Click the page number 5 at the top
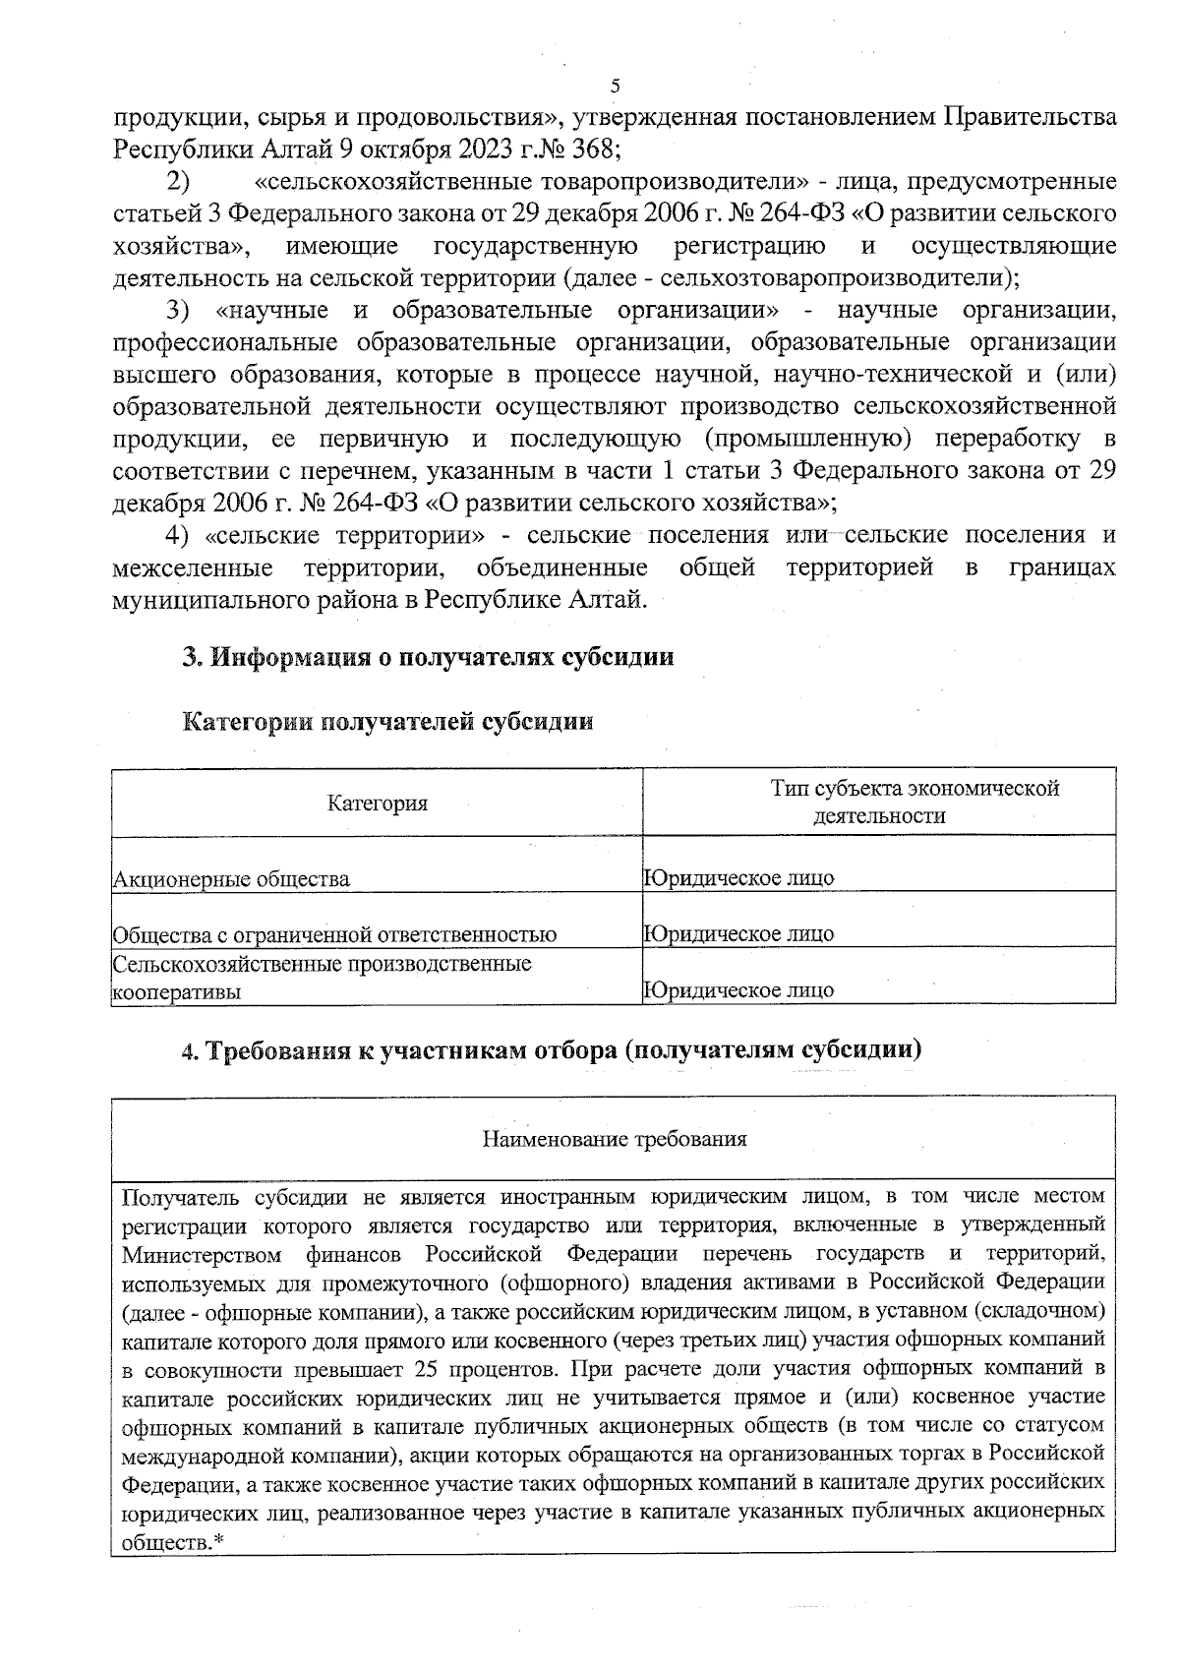pos(616,86)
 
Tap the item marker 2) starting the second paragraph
pos(178,182)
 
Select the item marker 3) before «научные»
pos(178,311)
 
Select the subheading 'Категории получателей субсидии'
pos(389,723)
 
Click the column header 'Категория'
pos(378,804)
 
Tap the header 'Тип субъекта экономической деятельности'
pos(914,803)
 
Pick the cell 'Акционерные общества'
pos(232,879)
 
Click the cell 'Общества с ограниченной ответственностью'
pos(335,934)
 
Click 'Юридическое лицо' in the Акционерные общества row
pos(738,878)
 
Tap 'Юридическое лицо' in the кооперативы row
pos(738,990)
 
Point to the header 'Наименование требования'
pos(615,1140)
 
